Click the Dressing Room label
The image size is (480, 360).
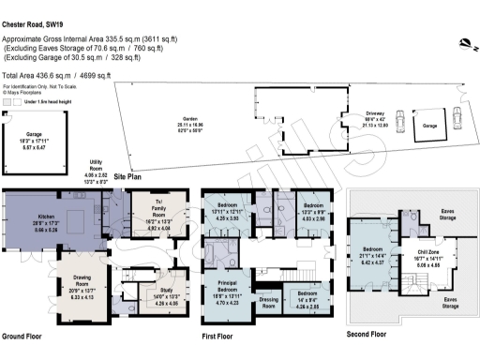269,303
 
